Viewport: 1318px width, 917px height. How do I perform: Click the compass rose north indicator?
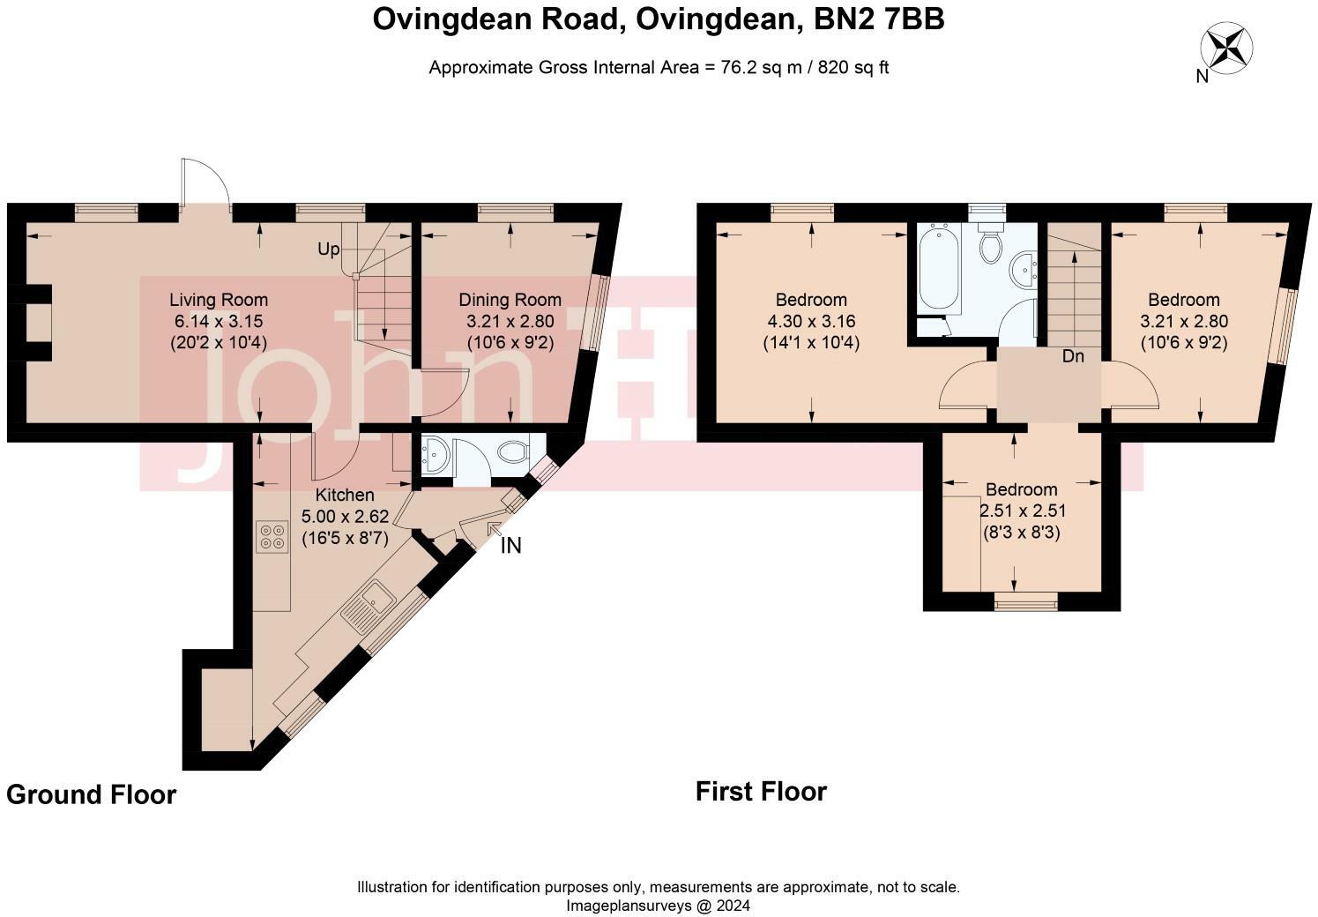(1227, 48)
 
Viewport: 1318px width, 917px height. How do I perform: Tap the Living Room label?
(219, 301)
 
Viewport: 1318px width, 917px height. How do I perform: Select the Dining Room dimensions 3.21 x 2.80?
(510, 322)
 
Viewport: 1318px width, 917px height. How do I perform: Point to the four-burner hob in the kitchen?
(272, 537)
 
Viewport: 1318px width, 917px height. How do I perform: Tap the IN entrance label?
(510, 546)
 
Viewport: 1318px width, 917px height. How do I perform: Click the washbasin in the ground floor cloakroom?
(436, 455)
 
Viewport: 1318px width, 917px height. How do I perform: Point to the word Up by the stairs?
(328, 250)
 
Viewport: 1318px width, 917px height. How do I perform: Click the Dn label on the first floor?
(1072, 357)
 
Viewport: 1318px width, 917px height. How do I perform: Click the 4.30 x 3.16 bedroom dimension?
(810, 322)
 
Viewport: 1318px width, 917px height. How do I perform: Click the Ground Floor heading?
(91, 794)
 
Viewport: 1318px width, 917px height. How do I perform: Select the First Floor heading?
(761, 791)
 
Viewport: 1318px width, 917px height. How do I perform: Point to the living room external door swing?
(205, 183)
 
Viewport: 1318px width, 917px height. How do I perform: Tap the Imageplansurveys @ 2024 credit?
(658, 906)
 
